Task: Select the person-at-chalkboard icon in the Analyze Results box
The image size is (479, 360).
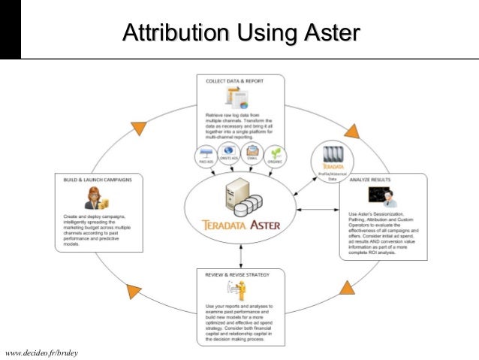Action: [384, 198]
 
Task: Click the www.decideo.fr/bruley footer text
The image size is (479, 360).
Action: [42, 352]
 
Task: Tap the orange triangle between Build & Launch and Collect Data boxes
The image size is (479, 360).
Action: [137, 129]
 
